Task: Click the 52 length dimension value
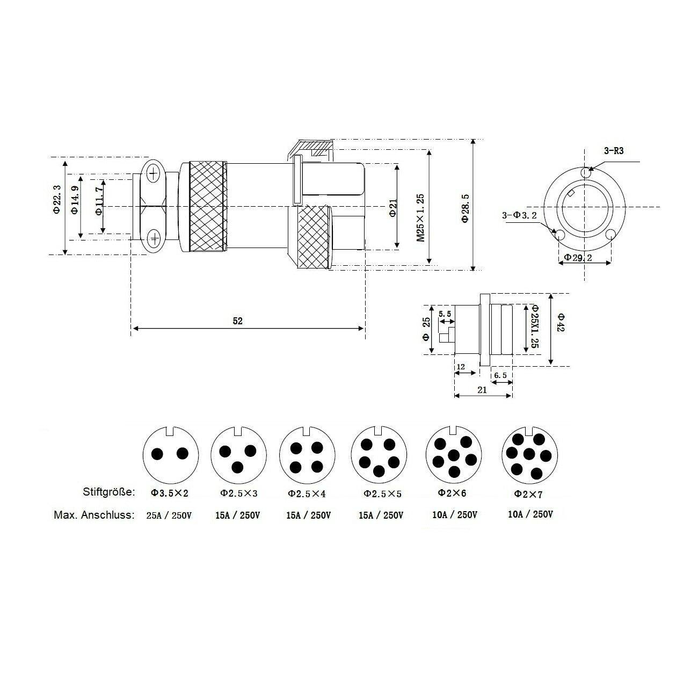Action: [x=238, y=321]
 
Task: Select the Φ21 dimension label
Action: [x=392, y=207]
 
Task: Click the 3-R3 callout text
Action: [x=613, y=151]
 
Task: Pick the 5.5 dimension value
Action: [x=445, y=313]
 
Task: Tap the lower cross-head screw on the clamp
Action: [x=154, y=237]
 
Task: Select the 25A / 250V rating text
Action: [x=169, y=515]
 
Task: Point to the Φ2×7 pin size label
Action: [x=529, y=493]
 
